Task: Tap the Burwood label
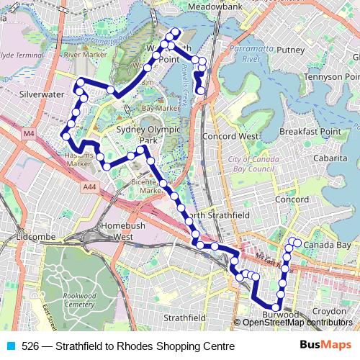(x=280, y=315)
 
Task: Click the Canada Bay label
(x=327, y=246)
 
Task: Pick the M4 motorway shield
(x=29, y=133)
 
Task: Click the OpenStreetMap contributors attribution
(x=297, y=323)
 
